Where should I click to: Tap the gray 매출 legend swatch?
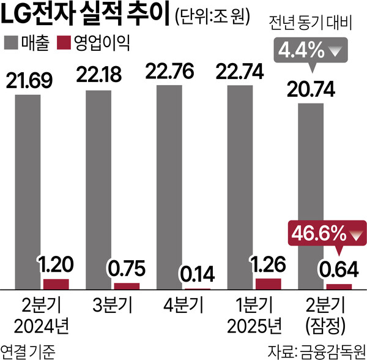pos(12,43)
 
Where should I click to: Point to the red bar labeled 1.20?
pos(56,283)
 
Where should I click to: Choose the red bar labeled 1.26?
pos(267,283)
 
